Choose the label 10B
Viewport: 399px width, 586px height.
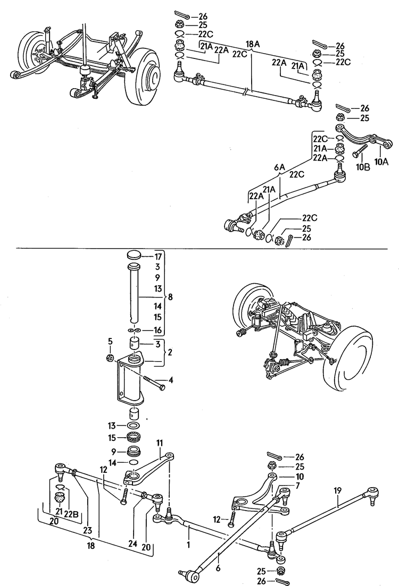coord(363,166)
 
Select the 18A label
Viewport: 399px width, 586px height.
coord(253,44)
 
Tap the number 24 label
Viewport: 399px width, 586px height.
coord(132,544)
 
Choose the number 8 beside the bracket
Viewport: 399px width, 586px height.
coord(169,297)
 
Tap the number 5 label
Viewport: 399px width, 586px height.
coord(110,341)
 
